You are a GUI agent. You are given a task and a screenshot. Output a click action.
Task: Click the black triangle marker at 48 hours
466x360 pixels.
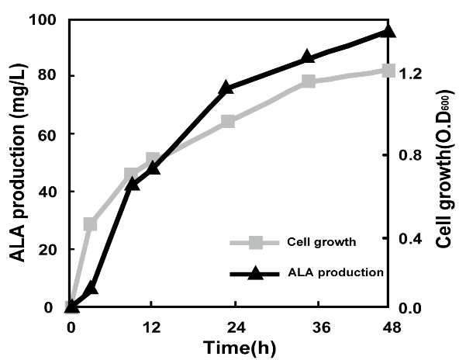388,31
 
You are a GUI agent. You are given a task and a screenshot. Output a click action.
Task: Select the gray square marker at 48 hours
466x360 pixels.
388,71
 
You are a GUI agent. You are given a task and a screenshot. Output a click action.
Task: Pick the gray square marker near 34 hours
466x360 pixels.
308,81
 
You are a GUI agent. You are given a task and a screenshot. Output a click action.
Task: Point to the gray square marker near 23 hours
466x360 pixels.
228,121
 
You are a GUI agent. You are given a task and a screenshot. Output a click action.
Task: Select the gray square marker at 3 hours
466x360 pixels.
91,224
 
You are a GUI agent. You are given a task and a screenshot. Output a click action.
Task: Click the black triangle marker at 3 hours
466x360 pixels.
91,287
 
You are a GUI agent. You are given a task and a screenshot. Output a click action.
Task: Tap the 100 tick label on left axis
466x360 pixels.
43,20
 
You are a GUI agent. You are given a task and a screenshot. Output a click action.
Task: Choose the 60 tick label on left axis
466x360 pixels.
47,136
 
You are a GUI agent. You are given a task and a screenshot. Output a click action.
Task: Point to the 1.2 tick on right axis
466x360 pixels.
410,74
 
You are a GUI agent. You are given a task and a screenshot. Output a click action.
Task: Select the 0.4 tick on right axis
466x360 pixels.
410,238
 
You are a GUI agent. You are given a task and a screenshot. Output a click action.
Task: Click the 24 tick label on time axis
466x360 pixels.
236,327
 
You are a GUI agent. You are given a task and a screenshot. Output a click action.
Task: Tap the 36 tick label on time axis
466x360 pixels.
321,327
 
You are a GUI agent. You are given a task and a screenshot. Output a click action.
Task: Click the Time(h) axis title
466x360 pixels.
240,348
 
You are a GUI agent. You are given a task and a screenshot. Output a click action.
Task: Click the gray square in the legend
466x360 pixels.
256,242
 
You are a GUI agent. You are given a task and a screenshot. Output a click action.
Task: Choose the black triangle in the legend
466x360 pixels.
256,273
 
